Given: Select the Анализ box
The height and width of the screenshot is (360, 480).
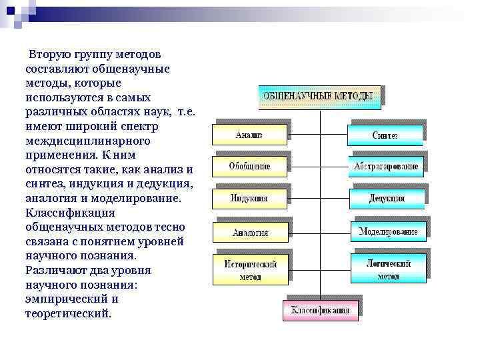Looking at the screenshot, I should (x=249, y=133).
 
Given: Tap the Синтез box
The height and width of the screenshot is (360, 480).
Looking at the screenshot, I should (x=385, y=135).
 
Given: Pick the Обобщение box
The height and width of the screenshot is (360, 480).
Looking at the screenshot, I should (x=249, y=165).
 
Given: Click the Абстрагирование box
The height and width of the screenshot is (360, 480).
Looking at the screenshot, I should (x=386, y=166).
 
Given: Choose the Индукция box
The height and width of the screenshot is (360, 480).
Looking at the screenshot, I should (x=249, y=198).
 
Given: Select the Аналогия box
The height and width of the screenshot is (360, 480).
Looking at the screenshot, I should (x=250, y=232).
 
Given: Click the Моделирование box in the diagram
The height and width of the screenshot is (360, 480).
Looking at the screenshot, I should (x=388, y=231).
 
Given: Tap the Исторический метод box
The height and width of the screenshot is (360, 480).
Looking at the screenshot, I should (x=250, y=269).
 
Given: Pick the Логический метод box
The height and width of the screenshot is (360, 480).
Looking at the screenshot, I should (x=388, y=269).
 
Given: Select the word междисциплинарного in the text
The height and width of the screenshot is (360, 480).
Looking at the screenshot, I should (x=87, y=141).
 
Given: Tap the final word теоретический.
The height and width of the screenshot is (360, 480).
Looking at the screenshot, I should (x=69, y=313).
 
